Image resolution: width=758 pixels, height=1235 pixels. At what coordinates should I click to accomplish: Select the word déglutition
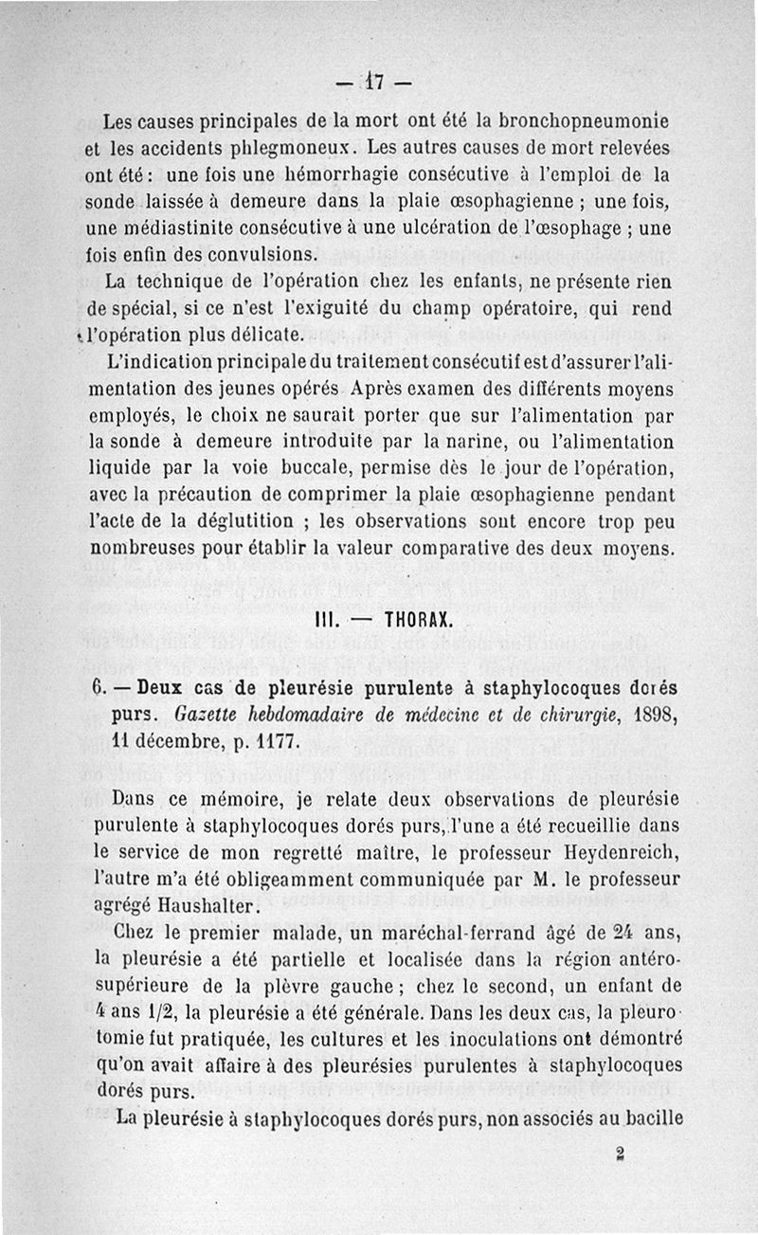[x=268, y=521]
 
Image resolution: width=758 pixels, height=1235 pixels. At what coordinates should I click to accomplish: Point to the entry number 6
[x=98, y=687]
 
